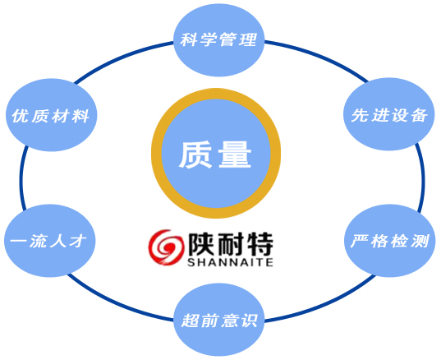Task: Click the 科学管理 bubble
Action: click(x=219, y=39)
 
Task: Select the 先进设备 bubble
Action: click(x=389, y=114)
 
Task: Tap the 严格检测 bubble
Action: click(x=390, y=241)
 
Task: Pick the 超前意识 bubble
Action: click(x=219, y=320)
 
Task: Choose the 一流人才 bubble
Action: click(x=50, y=241)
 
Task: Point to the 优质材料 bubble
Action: click(x=52, y=115)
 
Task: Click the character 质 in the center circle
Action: click(x=195, y=155)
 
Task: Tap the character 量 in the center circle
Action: click(x=235, y=155)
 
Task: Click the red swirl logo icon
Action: click(x=165, y=247)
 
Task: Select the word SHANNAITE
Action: click(x=230, y=262)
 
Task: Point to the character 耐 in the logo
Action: click(x=230, y=244)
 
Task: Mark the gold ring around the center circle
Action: click(x=216, y=94)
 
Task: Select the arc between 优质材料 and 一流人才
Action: click(x=21, y=178)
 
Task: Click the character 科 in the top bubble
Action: click(x=188, y=39)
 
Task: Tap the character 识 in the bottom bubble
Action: click(x=250, y=321)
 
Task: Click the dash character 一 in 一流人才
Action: click(x=19, y=241)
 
